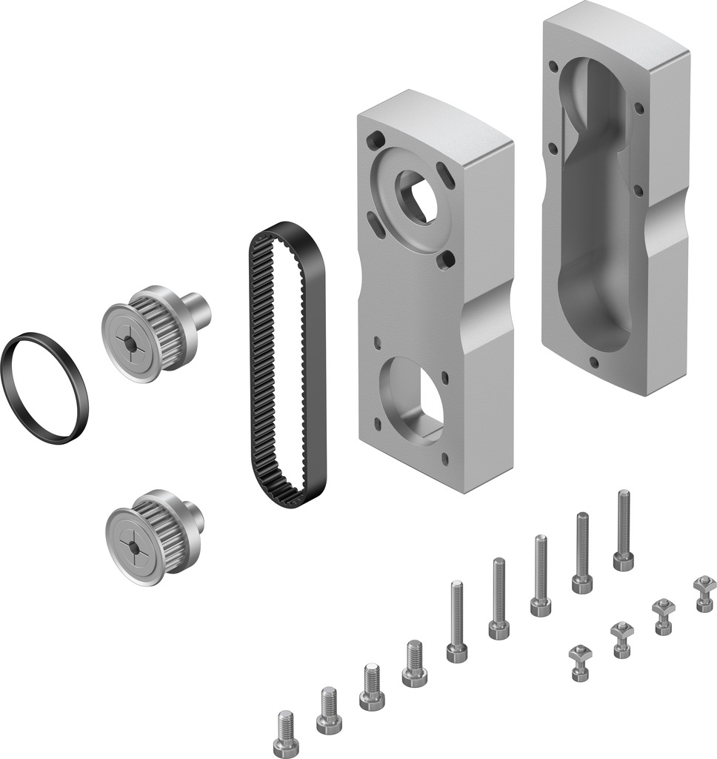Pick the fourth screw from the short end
click(x=414, y=663)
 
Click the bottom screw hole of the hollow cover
click(x=593, y=362)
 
